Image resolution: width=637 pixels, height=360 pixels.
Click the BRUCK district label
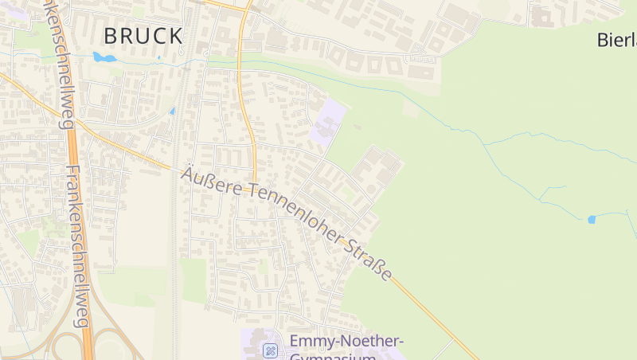(x=143, y=36)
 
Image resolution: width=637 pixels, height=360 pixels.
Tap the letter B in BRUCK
(x=112, y=36)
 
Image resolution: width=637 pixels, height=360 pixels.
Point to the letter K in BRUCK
(x=174, y=36)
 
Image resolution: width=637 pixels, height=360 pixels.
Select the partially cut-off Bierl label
(x=616, y=40)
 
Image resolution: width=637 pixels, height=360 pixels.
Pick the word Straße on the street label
(x=369, y=258)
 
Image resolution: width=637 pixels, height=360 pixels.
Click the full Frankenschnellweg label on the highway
(x=78, y=247)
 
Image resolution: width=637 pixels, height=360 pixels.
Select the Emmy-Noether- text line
(x=346, y=342)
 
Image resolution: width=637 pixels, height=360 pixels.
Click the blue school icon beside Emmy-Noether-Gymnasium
(x=271, y=350)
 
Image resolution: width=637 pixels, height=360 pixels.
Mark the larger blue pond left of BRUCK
(x=103, y=57)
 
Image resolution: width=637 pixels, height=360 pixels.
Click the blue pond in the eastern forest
(x=591, y=219)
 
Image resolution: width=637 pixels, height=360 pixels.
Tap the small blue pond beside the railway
(x=172, y=112)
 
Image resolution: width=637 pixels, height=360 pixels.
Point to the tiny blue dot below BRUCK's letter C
(x=158, y=57)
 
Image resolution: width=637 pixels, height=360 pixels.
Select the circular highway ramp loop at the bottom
(x=68, y=346)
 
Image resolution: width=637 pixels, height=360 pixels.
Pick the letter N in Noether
(x=336, y=342)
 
